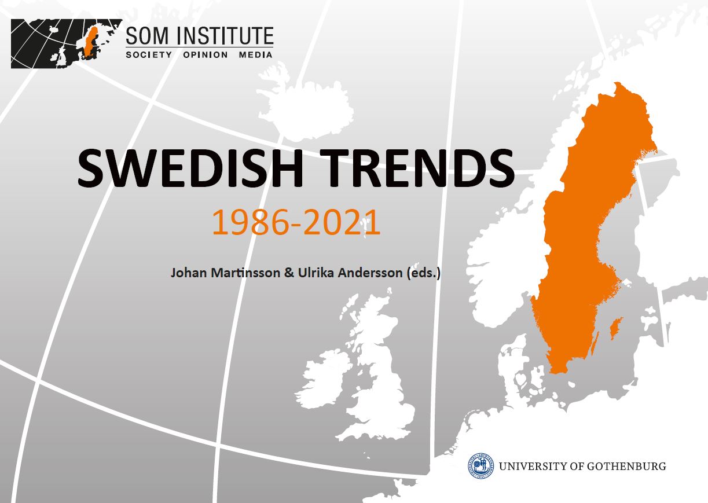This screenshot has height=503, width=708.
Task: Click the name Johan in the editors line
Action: coord(189,273)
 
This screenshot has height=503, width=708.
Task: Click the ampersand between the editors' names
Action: coord(289,273)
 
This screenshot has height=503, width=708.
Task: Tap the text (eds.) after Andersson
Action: coord(423,273)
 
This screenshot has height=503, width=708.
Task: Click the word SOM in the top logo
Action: coord(147,36)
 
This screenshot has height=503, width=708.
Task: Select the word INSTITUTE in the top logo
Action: coord(225,36)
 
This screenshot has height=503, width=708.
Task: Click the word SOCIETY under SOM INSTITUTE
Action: coord(149,55)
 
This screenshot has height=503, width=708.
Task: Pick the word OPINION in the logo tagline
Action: coord(206,55)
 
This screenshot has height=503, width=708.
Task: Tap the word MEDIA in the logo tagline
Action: coord(255,55)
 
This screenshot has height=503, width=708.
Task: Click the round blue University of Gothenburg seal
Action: coord(481,466)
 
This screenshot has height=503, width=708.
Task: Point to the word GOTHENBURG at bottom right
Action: coord(626,467)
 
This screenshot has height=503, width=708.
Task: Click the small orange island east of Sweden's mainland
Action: coord(617,329)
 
